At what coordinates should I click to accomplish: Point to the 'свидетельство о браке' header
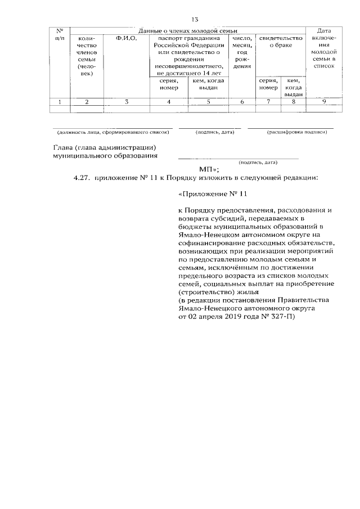pos(280,41)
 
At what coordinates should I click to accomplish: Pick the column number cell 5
pos(209,102)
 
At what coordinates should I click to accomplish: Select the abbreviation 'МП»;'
pos(209,169)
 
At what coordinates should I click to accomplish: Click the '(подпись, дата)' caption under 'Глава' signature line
pos(258,162)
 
